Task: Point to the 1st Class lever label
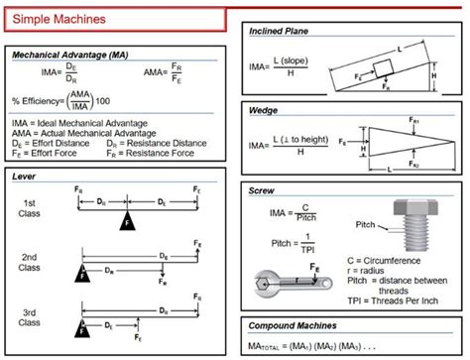click(31, 209)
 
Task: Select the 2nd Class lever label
click(31, 263)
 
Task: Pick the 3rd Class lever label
click(31, 317)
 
